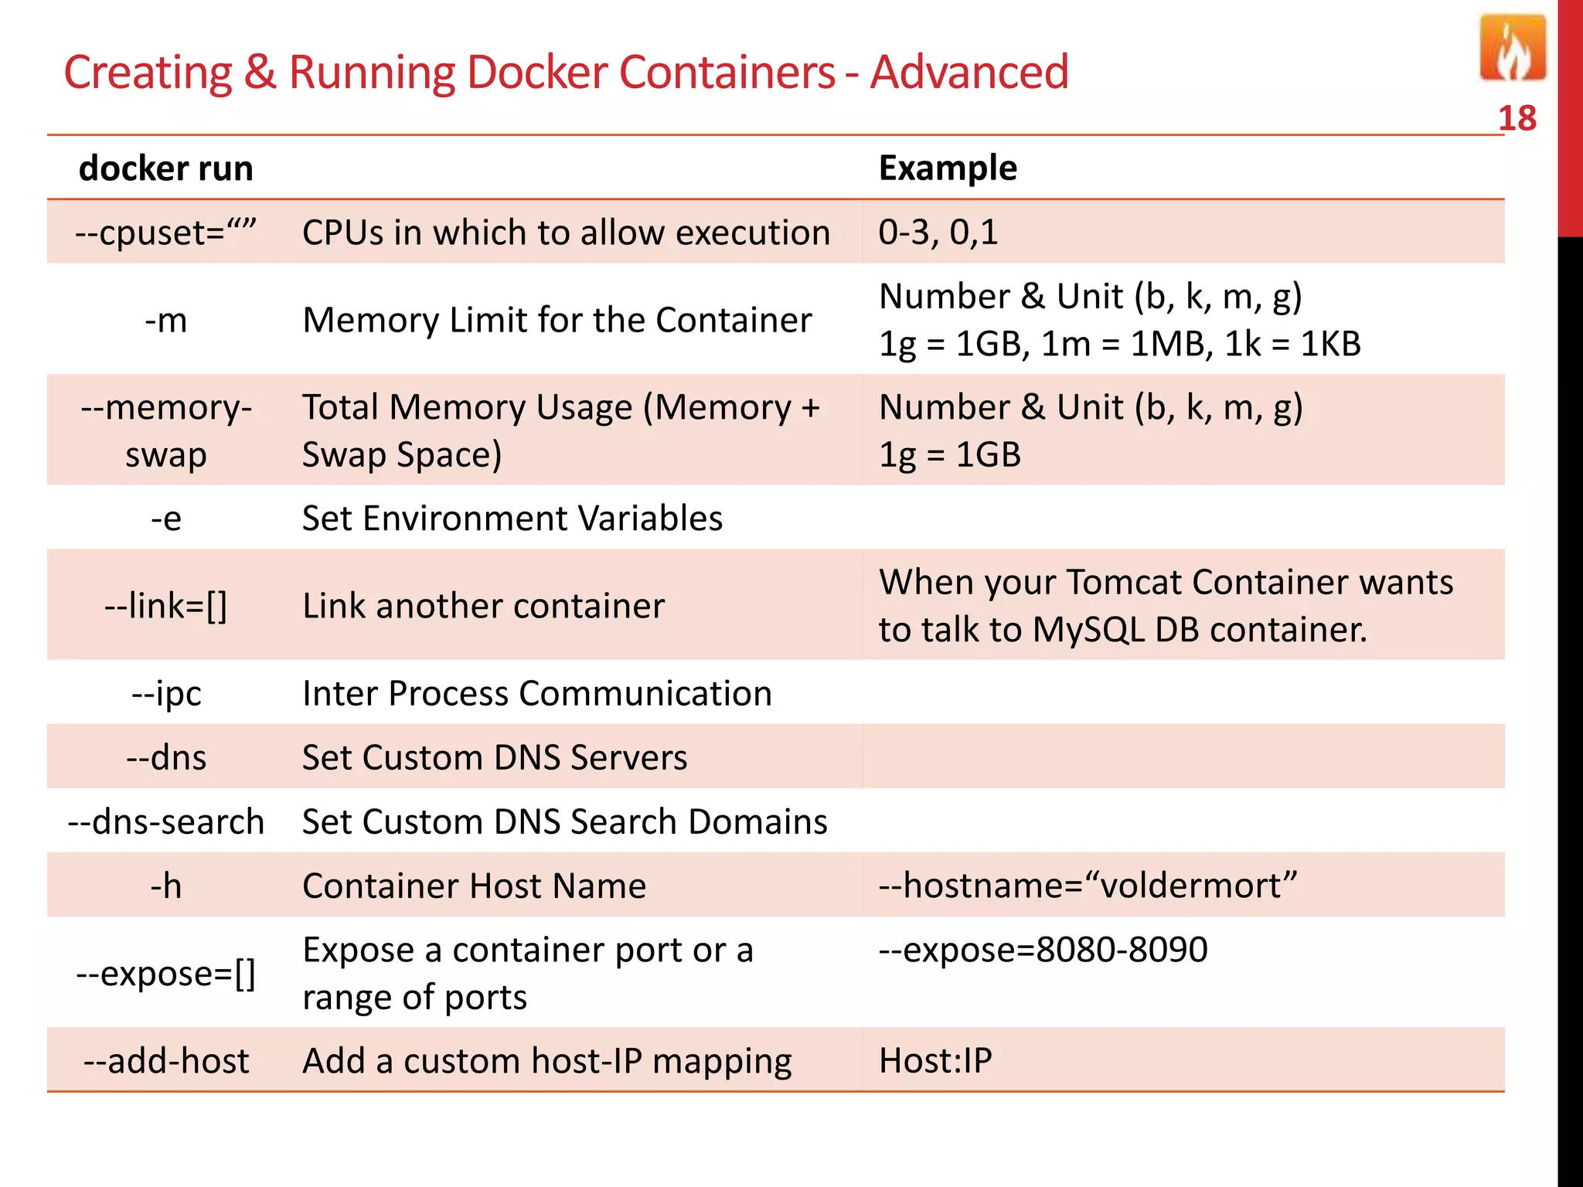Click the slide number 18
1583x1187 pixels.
[1517, 119]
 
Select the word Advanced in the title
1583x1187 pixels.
[969, 73]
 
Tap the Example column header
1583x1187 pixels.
[948, 168]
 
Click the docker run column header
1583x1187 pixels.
[166, 168]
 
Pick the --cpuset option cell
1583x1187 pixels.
[165, 232]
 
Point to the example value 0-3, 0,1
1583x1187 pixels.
[938, 232]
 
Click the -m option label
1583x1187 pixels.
[166, 320]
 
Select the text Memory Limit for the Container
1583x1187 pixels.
[557, 320]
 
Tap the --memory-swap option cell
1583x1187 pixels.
[166, 430]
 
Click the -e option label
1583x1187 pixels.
[166, 518]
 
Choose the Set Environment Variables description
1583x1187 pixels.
[512, 518]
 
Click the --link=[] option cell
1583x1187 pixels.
[166, 606]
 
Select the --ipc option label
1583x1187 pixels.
[166, 693]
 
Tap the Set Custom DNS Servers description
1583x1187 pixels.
[495, 757]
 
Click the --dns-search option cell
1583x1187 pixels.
[166, 821]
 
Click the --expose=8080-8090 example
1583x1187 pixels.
[1043, 950]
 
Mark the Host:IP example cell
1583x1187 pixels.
[935, 1060]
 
